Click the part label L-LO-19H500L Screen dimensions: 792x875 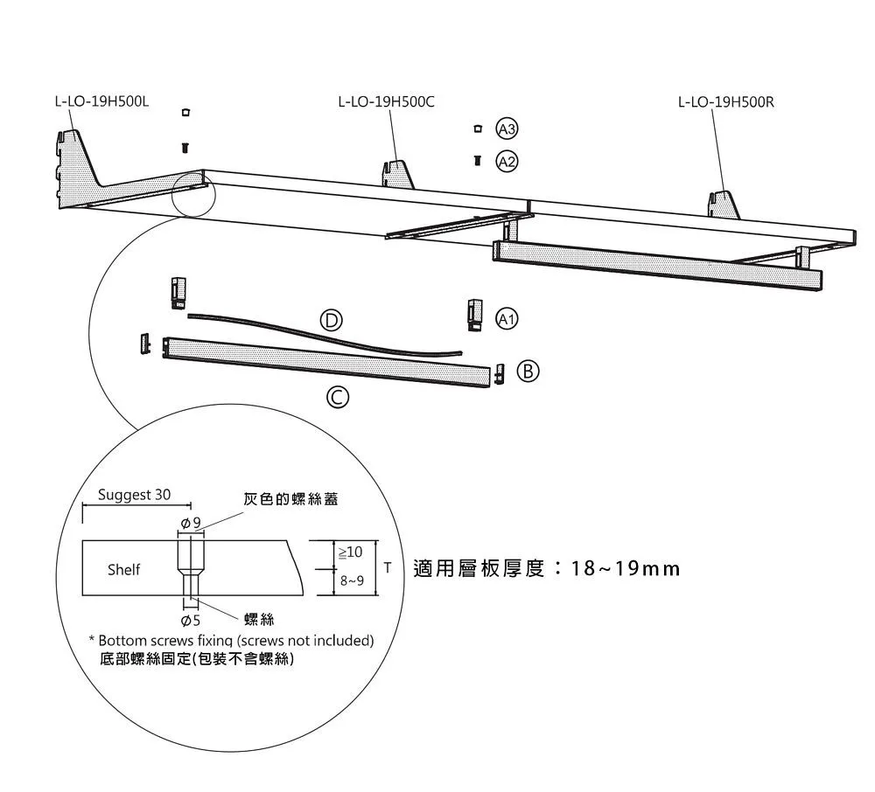coord(101,102)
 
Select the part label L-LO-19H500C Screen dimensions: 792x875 coord(386,102)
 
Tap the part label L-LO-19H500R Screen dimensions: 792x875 coord(726,102)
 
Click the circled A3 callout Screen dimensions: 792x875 coord(507,129)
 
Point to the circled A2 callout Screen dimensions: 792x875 coord(507,161)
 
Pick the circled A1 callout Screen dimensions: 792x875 coord(507,318)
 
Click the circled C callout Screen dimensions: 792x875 coord(337,399)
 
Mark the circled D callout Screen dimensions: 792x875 coord(332,320)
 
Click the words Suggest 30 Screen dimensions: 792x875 coord(135,495)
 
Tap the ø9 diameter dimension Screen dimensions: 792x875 coord(190,523)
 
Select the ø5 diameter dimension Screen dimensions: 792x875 coord(190,620)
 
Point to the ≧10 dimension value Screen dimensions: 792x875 coord(349,553)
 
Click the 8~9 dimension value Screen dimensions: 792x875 coord(351,580)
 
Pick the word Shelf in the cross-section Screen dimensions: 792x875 coord(123,570)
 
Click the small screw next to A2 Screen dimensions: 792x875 coord(477,161)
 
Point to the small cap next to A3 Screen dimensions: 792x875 coord(477,129)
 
